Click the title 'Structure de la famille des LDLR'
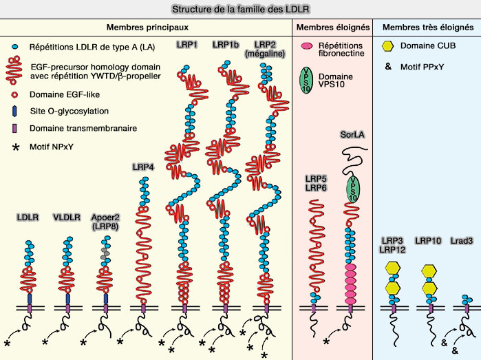[x=240, y=8]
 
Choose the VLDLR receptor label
[x=67, y=218]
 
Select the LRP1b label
[x=226, y=45]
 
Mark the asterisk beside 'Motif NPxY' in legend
[x=14, y=147]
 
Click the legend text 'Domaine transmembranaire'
[x=74, y=127]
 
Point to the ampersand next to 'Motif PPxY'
[x=387, y=67]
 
